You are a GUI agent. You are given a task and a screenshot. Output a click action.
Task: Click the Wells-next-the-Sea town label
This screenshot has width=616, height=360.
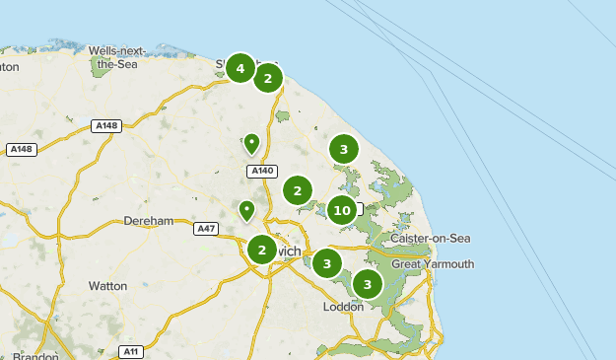pyautogui.click(x=115, y=56)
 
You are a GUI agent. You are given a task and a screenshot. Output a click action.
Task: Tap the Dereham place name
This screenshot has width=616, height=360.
pyautogui.click(x=149, y=221)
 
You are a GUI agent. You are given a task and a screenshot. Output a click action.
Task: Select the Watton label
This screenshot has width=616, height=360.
pyautogui.click(x=107, y=286)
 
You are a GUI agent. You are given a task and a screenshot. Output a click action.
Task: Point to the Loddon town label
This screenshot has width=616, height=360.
pyautogui.click(x=344, y=307)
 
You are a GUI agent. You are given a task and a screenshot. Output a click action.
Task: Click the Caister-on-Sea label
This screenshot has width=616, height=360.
pyautogui.click(x=431, y=240)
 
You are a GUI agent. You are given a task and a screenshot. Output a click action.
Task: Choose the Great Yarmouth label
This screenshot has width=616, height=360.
pyautogui.click(x=433, y=264)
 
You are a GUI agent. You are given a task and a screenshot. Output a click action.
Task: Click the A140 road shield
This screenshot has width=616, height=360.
pyautogui.click(x=261, y=172)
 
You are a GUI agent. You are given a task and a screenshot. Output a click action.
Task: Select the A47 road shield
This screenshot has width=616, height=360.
pyautogui.click(x=206, y=229)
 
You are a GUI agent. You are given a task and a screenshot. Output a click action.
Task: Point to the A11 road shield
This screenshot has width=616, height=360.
pyautogui.click(x=131, y=351)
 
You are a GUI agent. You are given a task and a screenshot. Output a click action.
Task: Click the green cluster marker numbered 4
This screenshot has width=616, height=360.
pyautogui.click(x=240, y=68)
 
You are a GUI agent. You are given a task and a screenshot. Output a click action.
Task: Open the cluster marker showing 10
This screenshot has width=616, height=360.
pyautogui.click(x=342, y=210)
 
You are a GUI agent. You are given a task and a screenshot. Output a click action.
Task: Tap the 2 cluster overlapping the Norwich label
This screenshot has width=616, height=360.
pyautogui.click(x=261, y=250)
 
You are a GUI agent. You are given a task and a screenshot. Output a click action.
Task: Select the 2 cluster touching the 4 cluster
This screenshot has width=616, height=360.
pyautogui.click(x=268, y=78)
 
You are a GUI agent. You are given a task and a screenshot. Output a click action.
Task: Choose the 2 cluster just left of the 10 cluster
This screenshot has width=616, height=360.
pyautogui.click(x=298, y=190)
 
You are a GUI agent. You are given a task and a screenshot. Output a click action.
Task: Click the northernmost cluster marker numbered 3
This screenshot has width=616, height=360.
pyautogui.click(x=343, y=150)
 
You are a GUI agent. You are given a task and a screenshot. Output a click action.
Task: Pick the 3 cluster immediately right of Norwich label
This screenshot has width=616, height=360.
pyautogui.click(x=326, y=263)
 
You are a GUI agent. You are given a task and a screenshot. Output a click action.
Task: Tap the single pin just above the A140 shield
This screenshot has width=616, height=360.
pyautogui.click(x=251, y=144)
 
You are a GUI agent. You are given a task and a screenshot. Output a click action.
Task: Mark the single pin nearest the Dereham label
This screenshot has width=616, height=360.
pyautogui.click(x=245, y=210)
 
